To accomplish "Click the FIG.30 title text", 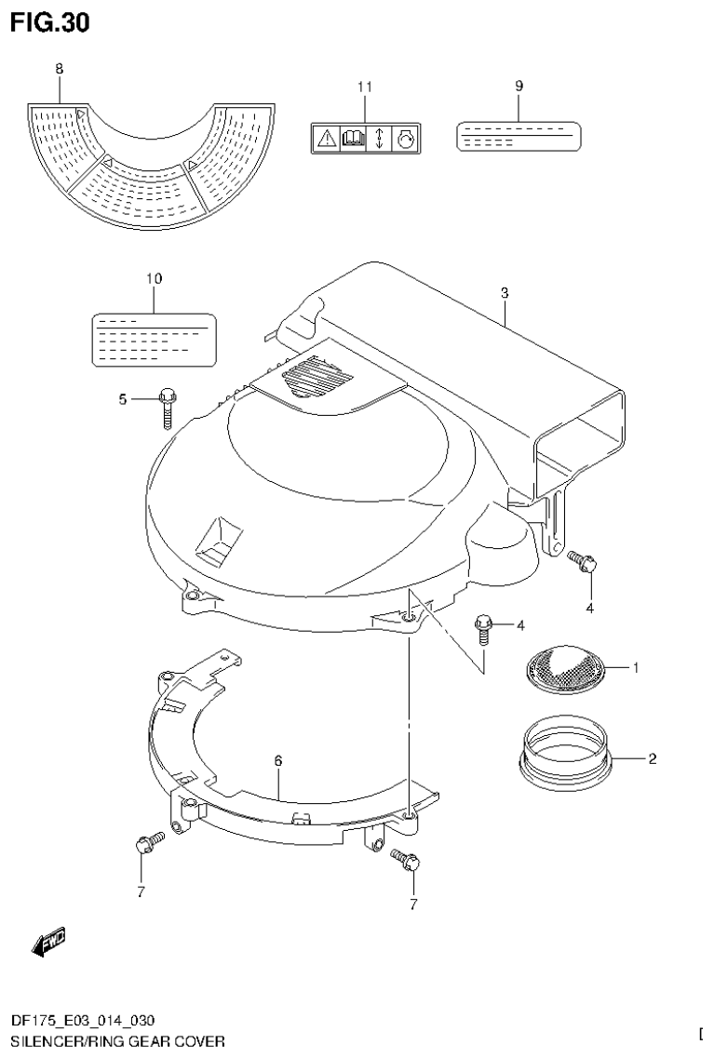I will pos(50,22).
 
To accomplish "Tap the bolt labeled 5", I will pos(167,405).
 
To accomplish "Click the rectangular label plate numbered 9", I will pos(519,136).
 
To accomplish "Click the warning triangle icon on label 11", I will pos(327,140).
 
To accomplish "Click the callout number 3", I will pos(504,293).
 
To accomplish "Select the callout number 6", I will pos(277,761).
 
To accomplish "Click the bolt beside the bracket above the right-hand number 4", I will pos(583,561).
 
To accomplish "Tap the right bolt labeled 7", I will pos(406,859).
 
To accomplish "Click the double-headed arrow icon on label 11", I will pos(380,140).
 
